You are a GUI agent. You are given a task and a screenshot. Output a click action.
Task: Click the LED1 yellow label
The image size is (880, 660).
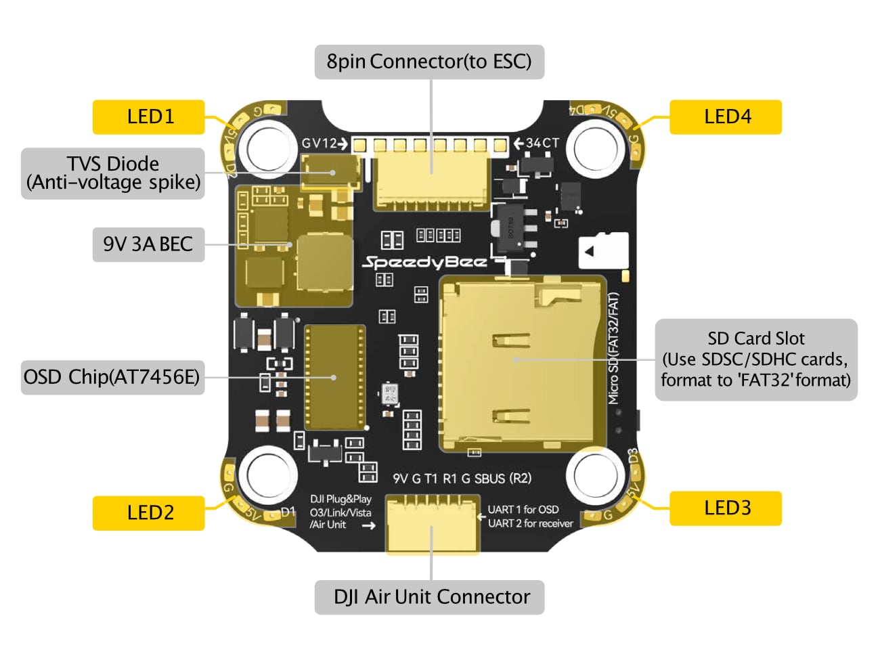click(148, 116)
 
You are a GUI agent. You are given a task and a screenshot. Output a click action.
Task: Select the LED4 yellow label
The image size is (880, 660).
click(725, 116)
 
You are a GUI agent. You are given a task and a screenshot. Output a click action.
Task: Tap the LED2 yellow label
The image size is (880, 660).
click(148, 512)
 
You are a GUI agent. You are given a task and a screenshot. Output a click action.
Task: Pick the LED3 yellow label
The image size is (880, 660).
click(725, 508)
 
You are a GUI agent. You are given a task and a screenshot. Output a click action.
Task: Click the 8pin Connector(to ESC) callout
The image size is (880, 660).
click(429, 62)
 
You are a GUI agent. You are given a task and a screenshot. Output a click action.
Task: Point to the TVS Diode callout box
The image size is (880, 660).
click(112, 173)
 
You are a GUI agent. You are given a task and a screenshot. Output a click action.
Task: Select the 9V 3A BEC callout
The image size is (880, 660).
click(148, 244)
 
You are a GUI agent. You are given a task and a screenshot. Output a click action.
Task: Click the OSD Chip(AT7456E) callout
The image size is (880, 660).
click(112, 377)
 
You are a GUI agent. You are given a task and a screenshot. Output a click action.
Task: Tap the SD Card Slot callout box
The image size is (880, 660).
click(755, 359)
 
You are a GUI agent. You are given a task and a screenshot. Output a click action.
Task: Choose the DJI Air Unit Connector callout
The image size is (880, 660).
click(429, 596)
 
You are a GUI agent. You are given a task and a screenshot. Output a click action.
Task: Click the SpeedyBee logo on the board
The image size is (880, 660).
click(425, 262)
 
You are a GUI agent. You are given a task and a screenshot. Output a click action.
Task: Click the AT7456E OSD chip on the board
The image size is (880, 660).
click(335, 377)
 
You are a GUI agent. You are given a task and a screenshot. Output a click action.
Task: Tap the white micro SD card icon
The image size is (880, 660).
click(603, 251)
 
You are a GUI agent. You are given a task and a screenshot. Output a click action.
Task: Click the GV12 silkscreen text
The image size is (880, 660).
click(319, 144)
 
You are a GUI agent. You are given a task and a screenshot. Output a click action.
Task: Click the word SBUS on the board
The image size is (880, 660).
click(489, 479)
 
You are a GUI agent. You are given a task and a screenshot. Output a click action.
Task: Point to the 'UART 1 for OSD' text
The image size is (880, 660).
click(523, 509)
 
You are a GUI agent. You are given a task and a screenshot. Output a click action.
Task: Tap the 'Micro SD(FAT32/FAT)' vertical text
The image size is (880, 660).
click(613, 348)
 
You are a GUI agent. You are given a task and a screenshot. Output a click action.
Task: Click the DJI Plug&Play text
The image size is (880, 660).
click(340, 500)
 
